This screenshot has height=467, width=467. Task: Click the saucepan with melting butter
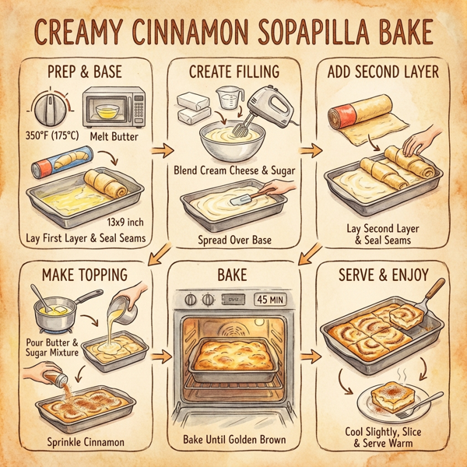[59, 311]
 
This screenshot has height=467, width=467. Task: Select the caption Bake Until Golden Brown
[234, 440]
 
